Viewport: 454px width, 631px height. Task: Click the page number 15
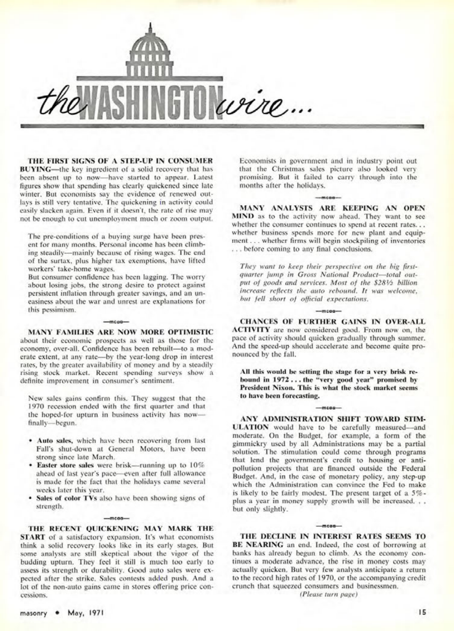[x=422, y=612]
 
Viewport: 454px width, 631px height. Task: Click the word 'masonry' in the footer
[x=33, y=612]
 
